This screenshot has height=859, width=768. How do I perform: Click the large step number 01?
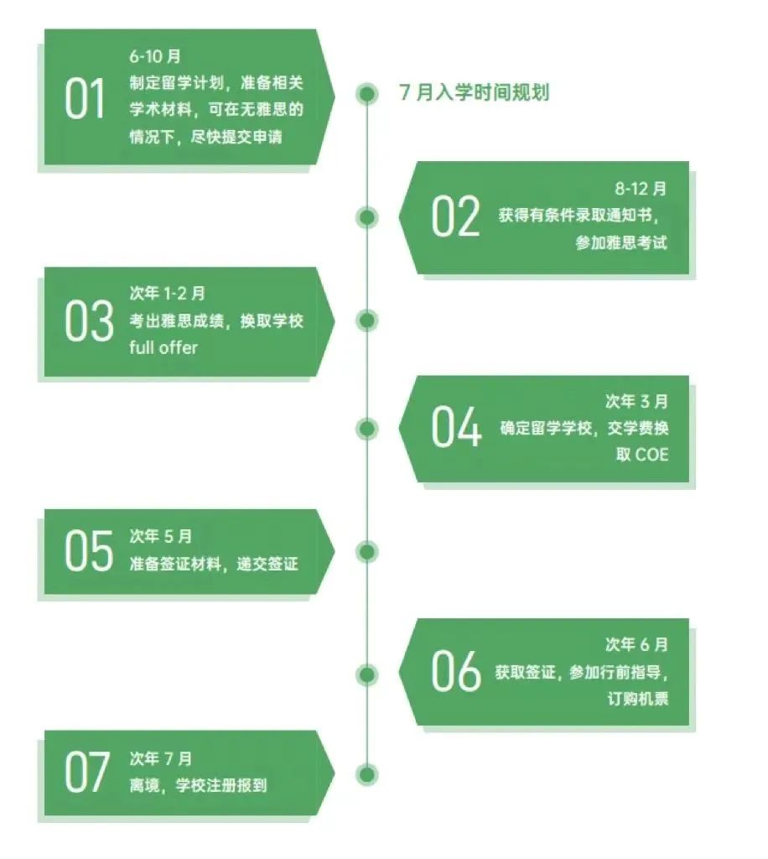pos(85,99)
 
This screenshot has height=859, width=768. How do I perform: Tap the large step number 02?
pos(455,216)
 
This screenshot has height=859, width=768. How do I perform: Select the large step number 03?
pos(89,321)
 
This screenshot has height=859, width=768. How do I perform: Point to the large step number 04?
pos(457,427)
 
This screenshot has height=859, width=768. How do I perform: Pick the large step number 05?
pos(89,550)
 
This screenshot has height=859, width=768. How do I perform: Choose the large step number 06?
pos(456,670)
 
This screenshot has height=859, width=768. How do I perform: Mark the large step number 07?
pos(87,773)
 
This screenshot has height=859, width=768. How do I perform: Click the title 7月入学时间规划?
pos(474,92)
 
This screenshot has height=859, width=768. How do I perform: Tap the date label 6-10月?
pos(155,56)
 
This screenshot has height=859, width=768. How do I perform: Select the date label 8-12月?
pos(641,189)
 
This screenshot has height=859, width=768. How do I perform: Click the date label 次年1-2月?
pos(168,294)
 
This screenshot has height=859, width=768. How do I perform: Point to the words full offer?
pos(163,347)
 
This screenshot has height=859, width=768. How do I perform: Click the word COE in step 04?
pos(652,455)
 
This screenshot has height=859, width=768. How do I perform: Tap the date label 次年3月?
pos(636,402)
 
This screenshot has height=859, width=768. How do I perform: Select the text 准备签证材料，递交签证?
pos(214,564)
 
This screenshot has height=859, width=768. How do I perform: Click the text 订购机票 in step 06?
pos(638,699)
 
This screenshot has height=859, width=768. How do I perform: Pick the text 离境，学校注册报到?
pos(198,785)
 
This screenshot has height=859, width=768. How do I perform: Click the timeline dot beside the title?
pos(366,94)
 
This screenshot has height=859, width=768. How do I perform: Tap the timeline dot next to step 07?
pos(366,774)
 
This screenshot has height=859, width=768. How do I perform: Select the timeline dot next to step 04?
pos(366,429)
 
